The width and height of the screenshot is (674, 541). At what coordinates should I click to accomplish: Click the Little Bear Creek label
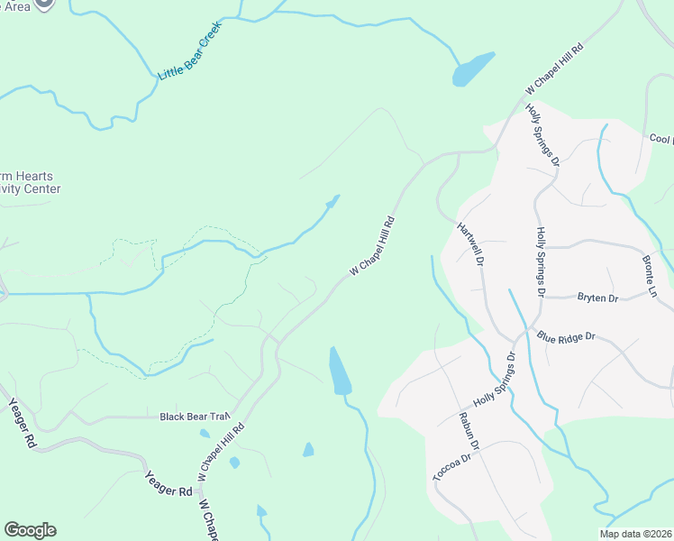click(189, 50)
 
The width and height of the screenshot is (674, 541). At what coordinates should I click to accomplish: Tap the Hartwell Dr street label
click(470, 244)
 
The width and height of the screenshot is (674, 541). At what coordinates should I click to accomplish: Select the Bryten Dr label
click(597, 297)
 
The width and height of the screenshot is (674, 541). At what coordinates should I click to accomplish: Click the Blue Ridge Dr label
click(566, 336)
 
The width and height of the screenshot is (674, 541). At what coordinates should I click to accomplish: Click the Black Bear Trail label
click(195, 417)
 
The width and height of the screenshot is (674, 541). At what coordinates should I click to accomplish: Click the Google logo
click(30, 530)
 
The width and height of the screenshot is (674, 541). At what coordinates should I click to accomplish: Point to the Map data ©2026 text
click(635, 534)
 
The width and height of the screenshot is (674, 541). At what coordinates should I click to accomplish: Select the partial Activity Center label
click(31, 189)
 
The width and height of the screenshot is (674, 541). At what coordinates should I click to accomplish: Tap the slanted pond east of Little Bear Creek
click(473, 69)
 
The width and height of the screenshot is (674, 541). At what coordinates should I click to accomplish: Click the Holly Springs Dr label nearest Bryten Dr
click(541, 261)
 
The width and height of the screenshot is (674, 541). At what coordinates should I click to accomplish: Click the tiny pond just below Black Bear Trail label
click(205, 434)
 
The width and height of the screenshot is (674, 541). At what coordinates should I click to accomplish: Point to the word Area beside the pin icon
click(16, 6)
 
